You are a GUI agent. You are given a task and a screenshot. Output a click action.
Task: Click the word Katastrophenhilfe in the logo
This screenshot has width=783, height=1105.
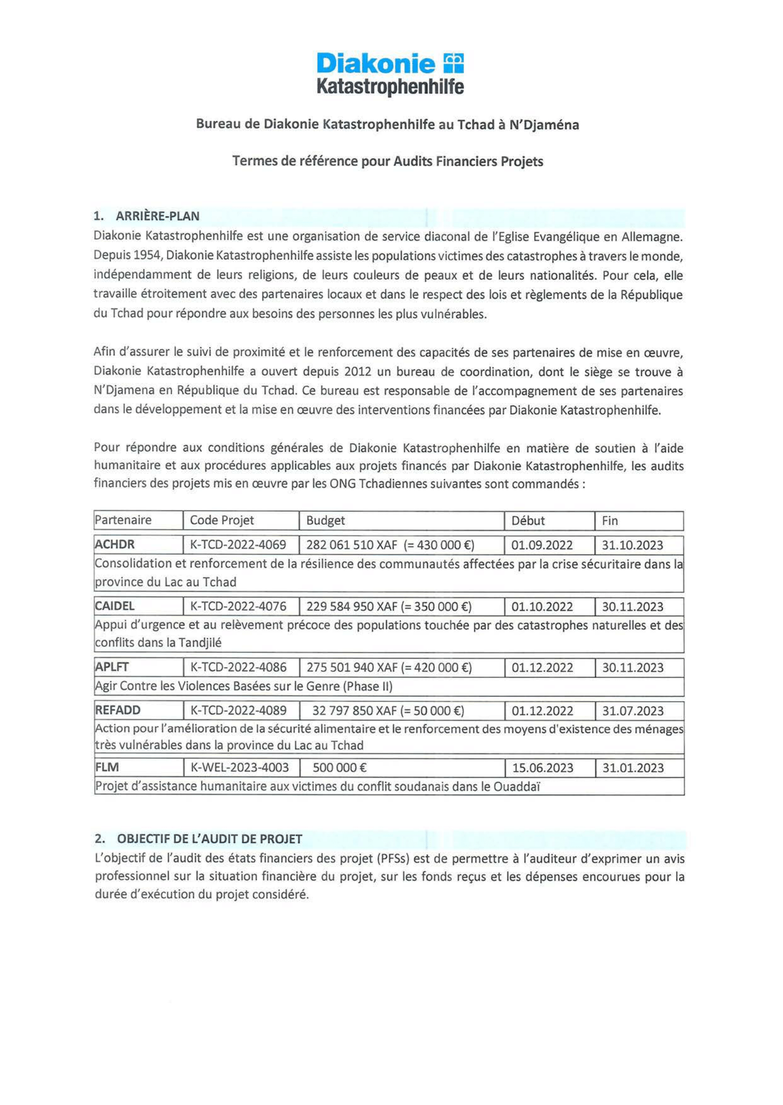tap(390, 87)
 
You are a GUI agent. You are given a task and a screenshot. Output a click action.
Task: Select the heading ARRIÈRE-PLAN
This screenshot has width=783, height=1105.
tap(157, 216)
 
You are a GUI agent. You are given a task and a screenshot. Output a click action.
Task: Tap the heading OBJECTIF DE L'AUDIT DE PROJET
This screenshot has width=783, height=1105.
tap(209, 839)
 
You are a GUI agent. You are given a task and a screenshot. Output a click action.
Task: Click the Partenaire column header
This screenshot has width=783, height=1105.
tap(123, 520)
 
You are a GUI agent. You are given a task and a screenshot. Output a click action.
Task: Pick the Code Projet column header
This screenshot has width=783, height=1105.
tap(222, 520)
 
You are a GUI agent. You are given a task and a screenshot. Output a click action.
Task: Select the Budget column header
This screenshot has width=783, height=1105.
tap(325, 521)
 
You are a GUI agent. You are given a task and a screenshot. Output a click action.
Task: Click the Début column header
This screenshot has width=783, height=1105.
tap(528, 521)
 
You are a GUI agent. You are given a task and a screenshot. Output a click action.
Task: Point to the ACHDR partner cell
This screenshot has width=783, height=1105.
tap(115, 545)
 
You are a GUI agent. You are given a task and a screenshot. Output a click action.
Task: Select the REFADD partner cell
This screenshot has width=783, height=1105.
tap(118, 710)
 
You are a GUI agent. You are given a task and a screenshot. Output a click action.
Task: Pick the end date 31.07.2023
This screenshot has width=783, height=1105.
tap(633, 711)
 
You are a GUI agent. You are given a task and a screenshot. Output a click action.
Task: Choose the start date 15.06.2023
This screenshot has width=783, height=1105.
tap(542, 768)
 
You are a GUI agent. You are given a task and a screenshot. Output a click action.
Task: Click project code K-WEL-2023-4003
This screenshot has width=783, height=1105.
tap(240, 768)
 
